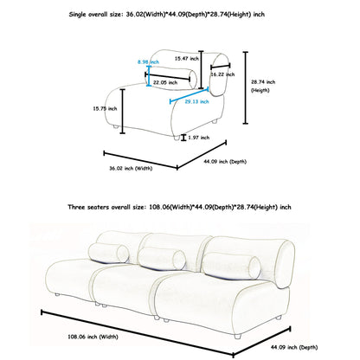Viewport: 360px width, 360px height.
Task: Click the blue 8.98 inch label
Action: tap(148, 62)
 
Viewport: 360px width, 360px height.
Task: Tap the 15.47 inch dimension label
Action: tap(187, 59)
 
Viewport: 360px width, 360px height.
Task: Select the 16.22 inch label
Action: tap(222, 74)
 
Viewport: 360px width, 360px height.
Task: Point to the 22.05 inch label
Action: tap(165, 82)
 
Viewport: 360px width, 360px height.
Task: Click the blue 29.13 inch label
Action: tap(196, 101)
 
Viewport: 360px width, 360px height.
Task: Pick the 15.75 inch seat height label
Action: tap(105, 109)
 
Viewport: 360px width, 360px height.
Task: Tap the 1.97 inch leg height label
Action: tap(199, 138)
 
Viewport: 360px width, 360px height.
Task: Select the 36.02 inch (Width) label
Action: tap(131, 168)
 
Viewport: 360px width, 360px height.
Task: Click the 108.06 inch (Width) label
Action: tap(93, 337)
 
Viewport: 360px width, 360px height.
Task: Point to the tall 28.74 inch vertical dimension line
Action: tap(246, 87)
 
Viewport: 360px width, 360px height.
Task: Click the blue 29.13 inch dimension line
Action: tap(190, 95)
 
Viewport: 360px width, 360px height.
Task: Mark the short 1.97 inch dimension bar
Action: tap(183, 138)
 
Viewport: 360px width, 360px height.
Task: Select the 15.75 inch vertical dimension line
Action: tap(123, 112)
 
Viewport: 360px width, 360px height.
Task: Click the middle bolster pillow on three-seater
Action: tap(162, 259)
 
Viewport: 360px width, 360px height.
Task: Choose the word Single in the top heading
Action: tap(77, 15)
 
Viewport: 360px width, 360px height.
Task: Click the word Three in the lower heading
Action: tap(75, 207)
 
